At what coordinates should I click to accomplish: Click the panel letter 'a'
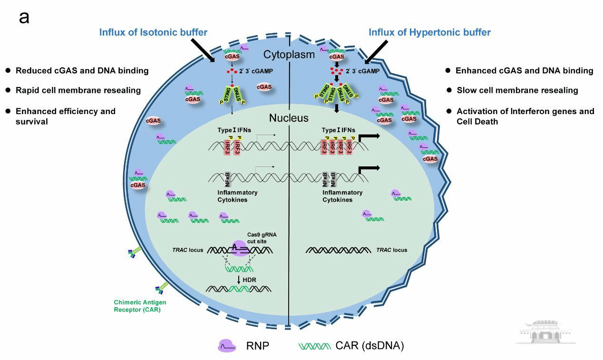[24, 18]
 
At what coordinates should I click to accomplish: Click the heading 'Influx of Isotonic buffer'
[153, 32]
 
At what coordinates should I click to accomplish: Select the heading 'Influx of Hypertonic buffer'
[429, 32]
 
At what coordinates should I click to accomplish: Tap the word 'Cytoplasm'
[289, 54]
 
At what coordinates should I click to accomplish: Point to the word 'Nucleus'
[289, 118]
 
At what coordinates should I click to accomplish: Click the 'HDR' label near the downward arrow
[249, 280]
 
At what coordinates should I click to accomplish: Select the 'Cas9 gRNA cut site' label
[262, 238]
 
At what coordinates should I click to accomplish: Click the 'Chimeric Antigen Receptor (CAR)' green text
[140, 306]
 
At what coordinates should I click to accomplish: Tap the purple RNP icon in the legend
[227, 346]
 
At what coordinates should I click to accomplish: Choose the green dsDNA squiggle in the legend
[314, 346]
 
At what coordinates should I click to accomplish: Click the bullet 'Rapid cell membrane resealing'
[78, 90]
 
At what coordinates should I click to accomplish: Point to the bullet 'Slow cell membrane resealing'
[517, 90]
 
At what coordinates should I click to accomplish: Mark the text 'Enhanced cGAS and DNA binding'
[524, 70]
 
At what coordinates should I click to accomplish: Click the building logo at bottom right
[546, 332]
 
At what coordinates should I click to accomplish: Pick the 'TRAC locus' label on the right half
[391, 250]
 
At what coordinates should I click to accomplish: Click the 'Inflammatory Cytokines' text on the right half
[342, 196]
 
